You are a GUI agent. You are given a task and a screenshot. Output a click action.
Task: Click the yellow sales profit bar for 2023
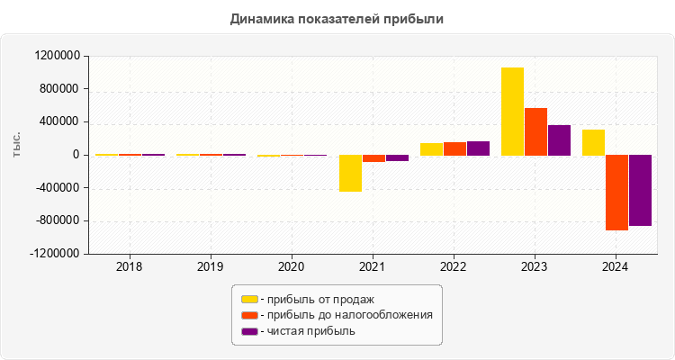pyautogui.click(x=512, y=112)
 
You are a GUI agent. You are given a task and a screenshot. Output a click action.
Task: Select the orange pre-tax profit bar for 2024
pyautogui.click(x=616, y=193)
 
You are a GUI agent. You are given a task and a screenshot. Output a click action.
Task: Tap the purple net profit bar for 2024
pyautogui.click(x=640, y=190)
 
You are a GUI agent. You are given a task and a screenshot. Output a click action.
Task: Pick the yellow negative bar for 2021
pyautogui.click(x=350, y=173)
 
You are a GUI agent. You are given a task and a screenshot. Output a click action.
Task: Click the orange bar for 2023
pyautogui.click(x=535, y=131)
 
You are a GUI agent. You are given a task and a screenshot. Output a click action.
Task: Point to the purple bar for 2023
pyautogui.click(x=559, y=139)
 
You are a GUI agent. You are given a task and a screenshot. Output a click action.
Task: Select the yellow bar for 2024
pyautogui.click(x=593, y=142)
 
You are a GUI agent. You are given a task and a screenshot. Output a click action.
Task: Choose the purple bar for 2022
pyautogui.click(x=478, y=148)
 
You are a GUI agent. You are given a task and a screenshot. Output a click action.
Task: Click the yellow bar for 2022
pyautogui.click(x=431, y=149)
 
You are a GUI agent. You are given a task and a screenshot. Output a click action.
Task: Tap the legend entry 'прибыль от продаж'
pyautogui.click(x=315, y=299)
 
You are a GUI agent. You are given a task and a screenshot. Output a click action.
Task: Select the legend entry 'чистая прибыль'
pyautogui.click(x=307, y=331)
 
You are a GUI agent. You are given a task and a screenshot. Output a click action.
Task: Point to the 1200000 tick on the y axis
pyautogui.click(x=56, y=56)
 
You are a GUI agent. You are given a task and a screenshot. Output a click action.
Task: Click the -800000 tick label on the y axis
pyautogui.click(x=56, y=221)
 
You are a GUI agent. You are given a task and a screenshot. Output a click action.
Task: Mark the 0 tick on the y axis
pyautogui.click(x=76, y=155)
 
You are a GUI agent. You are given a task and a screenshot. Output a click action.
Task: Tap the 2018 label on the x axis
pyautogui.click(x=130, y=267)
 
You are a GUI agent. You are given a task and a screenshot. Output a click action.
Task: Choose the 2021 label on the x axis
pyautogui.click(x=373, y=267)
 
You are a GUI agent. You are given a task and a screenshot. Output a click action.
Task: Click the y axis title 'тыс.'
pyautogui.click(x=17, y=145)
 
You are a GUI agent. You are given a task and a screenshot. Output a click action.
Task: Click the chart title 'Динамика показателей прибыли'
pyautogui.click(x=337, y=18)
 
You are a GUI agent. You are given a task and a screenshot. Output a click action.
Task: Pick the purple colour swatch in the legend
pyautogui.click(x=249, y=331)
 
